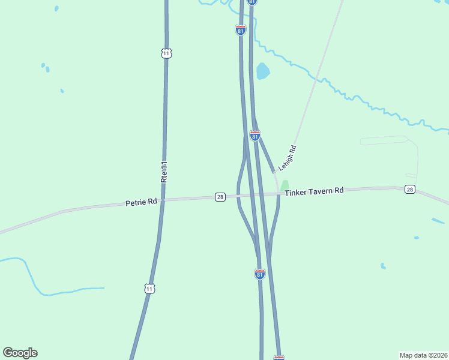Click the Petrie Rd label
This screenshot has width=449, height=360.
pos(141,203)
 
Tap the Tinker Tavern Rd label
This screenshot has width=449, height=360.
pos(314,191)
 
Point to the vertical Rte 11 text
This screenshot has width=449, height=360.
pos(163,172)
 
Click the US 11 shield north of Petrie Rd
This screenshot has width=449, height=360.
pos(166,53)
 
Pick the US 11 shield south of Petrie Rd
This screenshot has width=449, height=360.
pos(149,289)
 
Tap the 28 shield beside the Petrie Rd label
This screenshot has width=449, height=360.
pos(220,197)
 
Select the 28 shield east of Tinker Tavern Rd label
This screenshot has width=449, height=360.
pos(409,190)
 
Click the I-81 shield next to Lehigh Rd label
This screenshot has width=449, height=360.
pos(255,136)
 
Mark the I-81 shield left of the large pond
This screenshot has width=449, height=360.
pos(240,30)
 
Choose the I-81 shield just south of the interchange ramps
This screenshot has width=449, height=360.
pos(259,274)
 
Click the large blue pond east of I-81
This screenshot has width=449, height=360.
pos(262,71)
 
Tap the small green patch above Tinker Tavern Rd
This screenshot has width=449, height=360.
pos(285,185)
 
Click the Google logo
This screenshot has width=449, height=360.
pos(20,353)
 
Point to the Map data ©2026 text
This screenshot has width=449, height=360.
pos(423,355)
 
